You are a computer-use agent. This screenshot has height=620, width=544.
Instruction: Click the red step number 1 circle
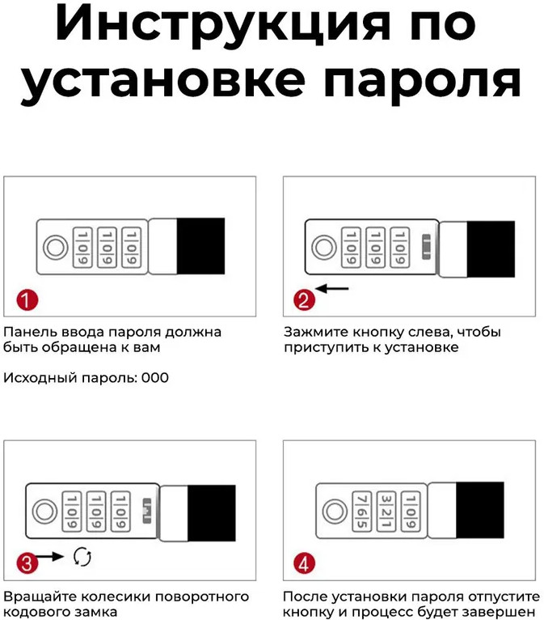[27, 300]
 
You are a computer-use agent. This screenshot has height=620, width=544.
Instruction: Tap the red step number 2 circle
[304, 300]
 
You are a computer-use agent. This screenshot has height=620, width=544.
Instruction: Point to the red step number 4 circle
[304, 563]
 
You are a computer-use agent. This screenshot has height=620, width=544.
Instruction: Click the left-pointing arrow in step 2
[332, 288]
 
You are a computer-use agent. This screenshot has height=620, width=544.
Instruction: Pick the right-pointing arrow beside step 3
[49, 556]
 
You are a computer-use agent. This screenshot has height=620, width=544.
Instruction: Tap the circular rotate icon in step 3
[82, 556]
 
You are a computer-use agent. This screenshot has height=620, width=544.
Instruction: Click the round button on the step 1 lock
[55, 248]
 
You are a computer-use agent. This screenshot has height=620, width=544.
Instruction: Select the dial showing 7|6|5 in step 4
[362, 512]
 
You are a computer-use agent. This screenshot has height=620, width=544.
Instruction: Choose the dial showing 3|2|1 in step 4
[386, 512]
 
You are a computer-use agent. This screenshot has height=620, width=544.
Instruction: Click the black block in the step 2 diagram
[491, 248]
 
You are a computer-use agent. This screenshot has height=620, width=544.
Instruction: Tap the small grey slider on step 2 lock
[426, 247]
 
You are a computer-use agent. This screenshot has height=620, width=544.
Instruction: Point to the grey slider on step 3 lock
[146, 511]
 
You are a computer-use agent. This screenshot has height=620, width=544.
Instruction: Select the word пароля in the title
[421, 81]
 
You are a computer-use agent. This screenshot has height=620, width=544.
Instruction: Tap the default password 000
[154, 378]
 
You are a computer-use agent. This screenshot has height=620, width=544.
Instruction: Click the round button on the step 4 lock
[335, 511]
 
